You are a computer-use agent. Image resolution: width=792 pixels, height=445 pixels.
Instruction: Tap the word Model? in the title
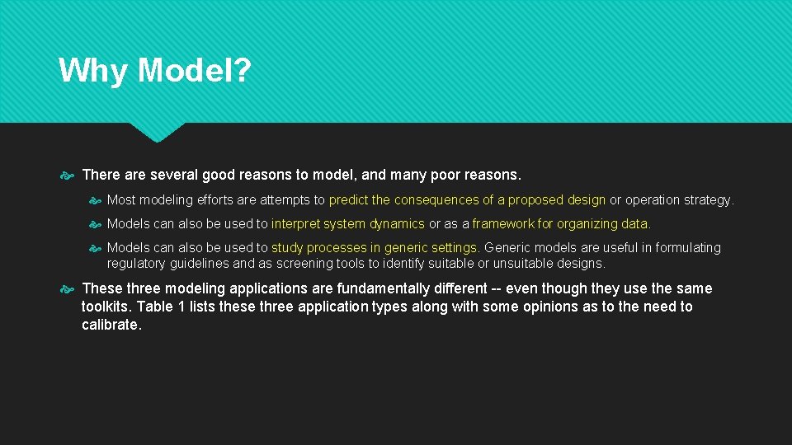(194, 71)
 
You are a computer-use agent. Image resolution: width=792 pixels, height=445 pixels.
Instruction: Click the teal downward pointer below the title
(157, 132)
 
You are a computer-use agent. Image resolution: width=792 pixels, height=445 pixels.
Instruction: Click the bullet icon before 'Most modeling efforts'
(95, 199)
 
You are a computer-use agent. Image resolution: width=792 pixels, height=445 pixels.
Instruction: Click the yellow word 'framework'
(504, 223)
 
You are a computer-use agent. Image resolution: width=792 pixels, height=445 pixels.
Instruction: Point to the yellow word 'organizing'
(587, 223)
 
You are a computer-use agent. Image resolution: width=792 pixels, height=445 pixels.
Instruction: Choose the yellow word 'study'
(287, 247)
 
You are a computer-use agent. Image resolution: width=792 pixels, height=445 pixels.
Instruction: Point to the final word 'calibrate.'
(111, 325)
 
